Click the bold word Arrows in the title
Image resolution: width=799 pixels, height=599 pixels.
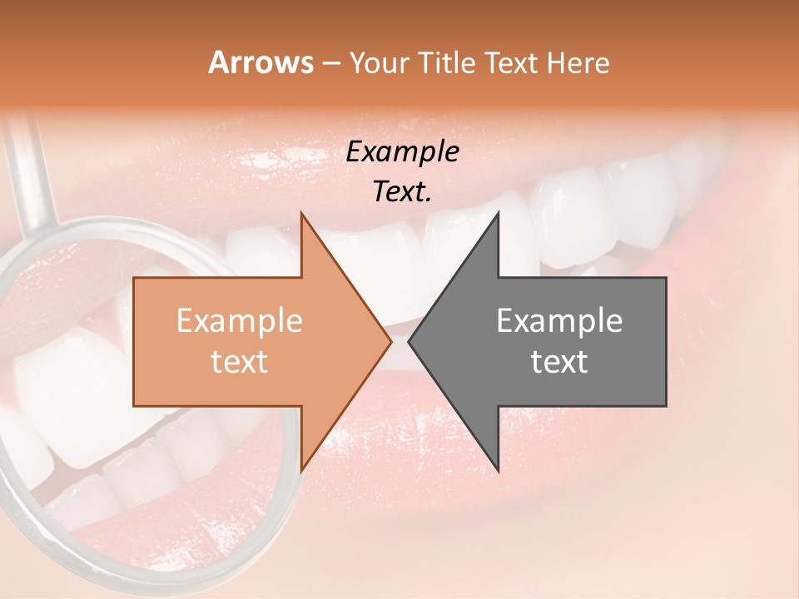(261, 62)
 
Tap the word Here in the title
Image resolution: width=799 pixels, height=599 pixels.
(578, 63)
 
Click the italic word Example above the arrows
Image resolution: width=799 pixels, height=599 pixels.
(403, 152)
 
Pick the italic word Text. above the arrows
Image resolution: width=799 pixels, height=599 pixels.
(403, 192)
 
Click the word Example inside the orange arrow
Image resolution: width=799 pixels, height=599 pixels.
(240, 321)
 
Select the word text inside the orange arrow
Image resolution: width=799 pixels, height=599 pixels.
(240, 362)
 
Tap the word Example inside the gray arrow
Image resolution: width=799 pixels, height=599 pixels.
(559, 321)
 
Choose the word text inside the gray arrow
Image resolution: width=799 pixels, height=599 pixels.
(559, 362)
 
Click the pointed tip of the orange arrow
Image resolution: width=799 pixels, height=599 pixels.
(390, 341)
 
